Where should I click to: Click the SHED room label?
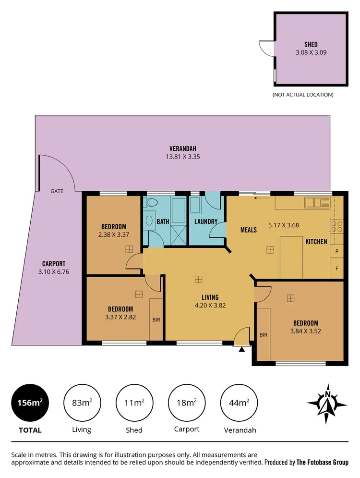coord(311,45)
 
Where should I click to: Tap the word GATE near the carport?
coord(57,191)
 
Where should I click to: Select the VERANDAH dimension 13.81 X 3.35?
coord(183,156)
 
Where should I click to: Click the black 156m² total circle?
coord(29,403)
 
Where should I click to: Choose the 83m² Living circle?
coord(81,403)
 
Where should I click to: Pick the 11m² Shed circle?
coord(133,403)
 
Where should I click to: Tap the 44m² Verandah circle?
coord(239,403)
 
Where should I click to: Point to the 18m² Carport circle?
coord(186,403)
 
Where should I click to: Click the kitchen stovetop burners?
coord(336,226)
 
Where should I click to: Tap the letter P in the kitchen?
coord(337,251)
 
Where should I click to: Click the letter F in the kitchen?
coord(337,269)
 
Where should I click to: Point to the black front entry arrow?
coord(241,349)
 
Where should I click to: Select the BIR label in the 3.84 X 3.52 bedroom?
coord(263,335)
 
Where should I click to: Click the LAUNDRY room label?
coord(206,221)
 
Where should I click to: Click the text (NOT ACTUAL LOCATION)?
coord(302,95)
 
